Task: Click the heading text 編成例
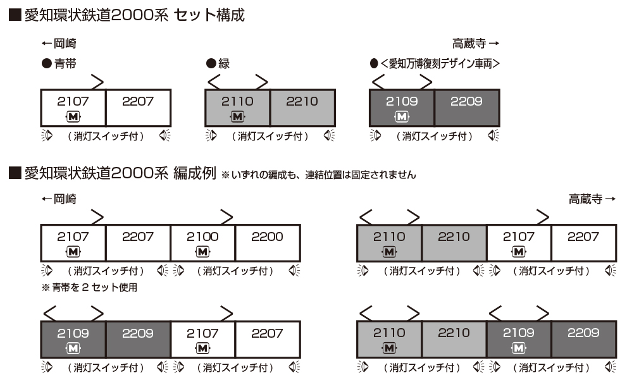194,173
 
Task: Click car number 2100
202,237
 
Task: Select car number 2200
267,237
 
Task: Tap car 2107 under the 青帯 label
73,101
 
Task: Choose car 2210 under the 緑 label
302,101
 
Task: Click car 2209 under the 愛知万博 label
467,101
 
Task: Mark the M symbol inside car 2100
202,252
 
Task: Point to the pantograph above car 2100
225,217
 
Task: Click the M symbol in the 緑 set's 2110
237,116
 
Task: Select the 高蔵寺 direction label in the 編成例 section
591,199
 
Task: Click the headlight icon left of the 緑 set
211,136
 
